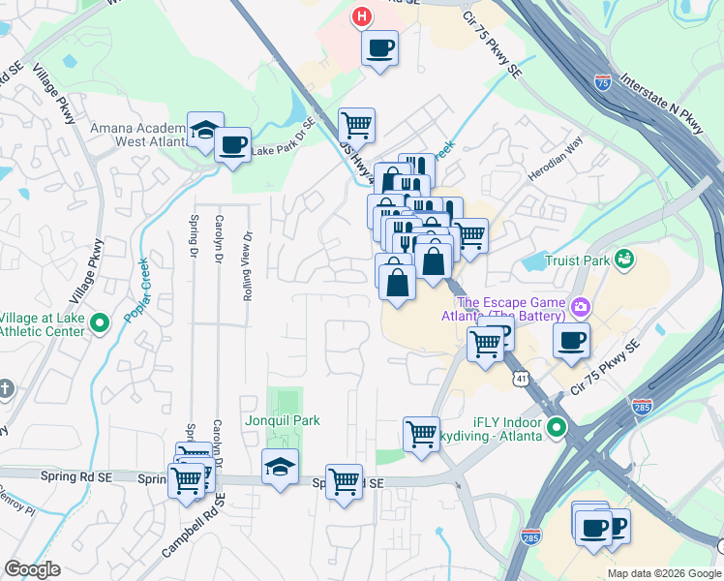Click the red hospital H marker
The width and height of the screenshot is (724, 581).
(x=362, y=16)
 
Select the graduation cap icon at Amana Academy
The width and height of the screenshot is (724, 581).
(x=205, y=131)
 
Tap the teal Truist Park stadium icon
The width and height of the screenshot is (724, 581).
(x=625, y=259)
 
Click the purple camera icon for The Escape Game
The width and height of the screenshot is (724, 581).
(x=580, y=308)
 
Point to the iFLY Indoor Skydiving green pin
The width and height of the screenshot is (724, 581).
(x=556, y=427)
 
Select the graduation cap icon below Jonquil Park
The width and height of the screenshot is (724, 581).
(x=279, y=467)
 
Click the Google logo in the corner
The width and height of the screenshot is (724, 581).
(x=32, y=569)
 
